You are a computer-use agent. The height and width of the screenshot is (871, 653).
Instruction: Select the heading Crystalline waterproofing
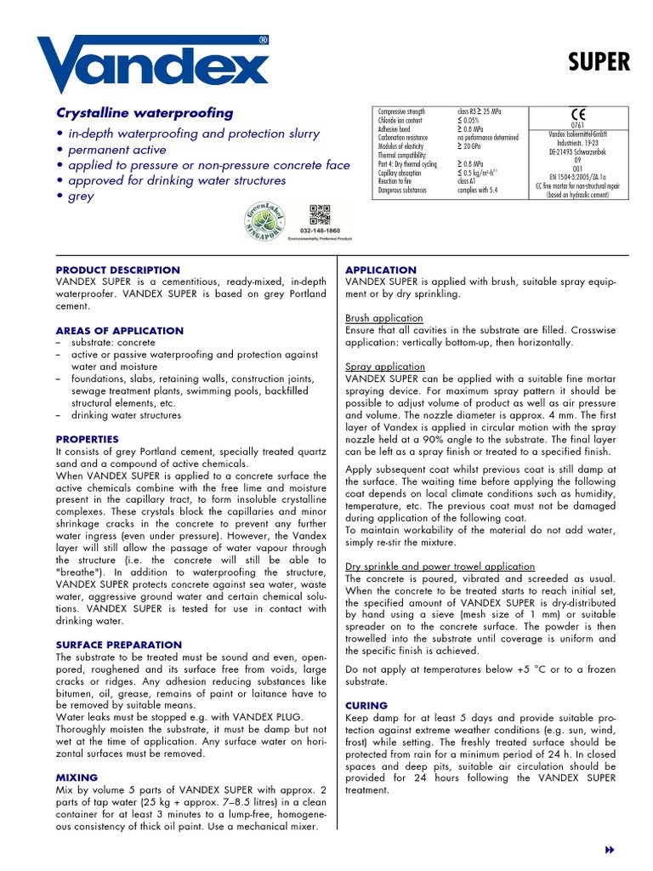[x=144, y=113]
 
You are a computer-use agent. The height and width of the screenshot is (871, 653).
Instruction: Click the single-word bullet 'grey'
[x=82, y=196]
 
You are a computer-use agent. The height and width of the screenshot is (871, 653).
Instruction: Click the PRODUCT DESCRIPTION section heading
[x=118, y=270]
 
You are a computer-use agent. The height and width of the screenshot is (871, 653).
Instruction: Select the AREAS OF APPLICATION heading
[x=119, y=331]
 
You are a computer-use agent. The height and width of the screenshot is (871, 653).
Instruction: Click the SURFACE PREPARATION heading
[x=118, y=645]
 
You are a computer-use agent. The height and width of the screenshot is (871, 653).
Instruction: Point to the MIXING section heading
[x=77, y=777]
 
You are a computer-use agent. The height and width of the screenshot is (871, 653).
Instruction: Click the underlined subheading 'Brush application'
[x=383, y=318]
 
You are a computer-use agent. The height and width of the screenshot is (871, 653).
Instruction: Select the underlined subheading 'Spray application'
[x=383, y=367]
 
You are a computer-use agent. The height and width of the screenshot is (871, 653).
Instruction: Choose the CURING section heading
[x=366, y=706]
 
